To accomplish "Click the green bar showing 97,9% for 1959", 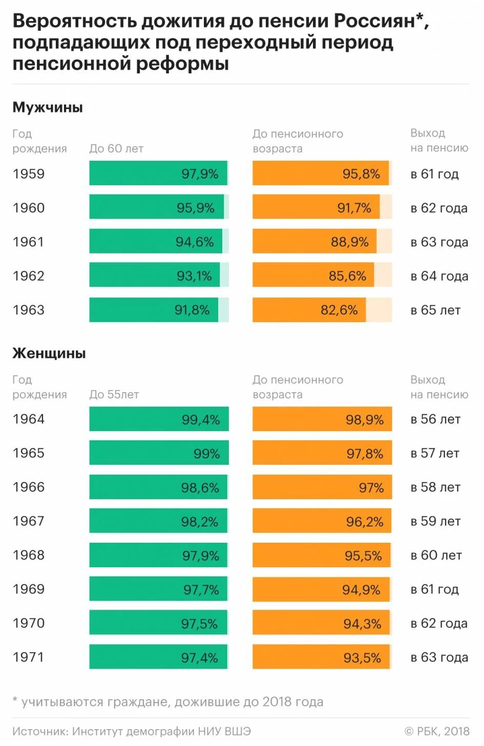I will pyautogui.click(x=158, y=173).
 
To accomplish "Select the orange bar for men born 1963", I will pyautogui.click(x=309, y=310).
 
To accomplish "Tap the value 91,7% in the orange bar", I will pyautogui.click(x=354, y=208).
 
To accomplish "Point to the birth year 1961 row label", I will pyautogui.click(x=29, y=242).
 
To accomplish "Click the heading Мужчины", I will pyautogui.click(x=48, y=108).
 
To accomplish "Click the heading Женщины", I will pyautogui.click(x=49, y=353).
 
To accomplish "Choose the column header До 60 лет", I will pyautogui.click(x=116, y=148).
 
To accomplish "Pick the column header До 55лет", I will pyautogui.click(x=114, y=394).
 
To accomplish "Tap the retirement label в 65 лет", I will pyautogui.click(x=435, y=310).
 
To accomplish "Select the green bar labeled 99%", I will pyautogui.click(x=159, y=453).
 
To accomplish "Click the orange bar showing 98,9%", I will pyautogui.click(x=322, y=419).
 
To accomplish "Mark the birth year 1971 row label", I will pyautogui.click(x=29, y=657).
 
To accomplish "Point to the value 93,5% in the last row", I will pyautogui.click(x=362, y=658).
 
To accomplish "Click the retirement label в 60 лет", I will pyautogui.click(x=436, y=555).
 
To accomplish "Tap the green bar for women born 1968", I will pyautogui.click(x=158, y=555).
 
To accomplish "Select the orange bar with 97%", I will pyautogui.click(x=322, y=487).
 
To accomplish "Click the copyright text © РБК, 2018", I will pyautogui.click(x=437, y=731).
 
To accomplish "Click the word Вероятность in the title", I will pyautogui.click(x=75, y=22).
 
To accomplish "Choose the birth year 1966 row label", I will pyautogui.click(x=29, y=487).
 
